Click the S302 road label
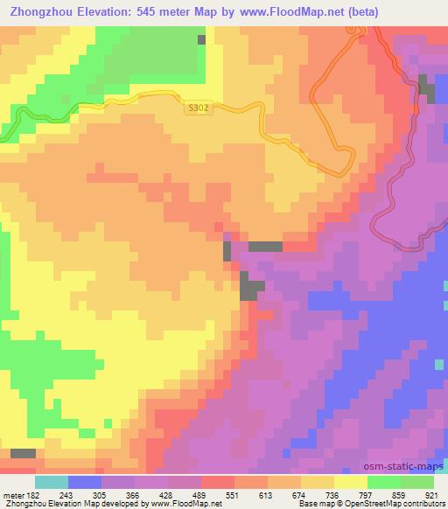tap(199, 108)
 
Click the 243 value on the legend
tap(66, 494)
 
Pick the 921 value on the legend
tap(433, 494)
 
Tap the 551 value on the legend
tap(233, 494)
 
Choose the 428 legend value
tap(166, 494)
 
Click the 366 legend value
tap(133, 494)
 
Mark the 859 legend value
tap(399, 494)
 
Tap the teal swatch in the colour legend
tap(51, 482)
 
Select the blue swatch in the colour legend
tap(84, 482)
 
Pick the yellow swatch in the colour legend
tap(350, 482)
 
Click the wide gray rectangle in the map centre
tap(265, 247)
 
